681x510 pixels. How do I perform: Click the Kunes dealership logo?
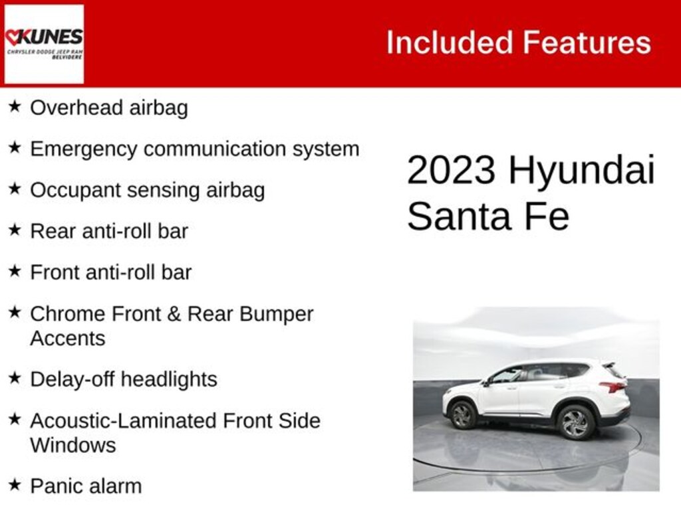coord(44,44)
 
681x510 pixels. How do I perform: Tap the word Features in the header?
coord(587,43)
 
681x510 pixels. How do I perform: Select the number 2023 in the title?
coord(451,170)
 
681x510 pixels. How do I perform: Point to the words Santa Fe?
coord(488,216)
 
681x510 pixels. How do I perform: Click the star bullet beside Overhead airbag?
coord(15,106)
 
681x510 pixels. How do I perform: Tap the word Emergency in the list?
coord(83,149)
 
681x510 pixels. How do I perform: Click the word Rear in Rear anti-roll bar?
coord(52,231)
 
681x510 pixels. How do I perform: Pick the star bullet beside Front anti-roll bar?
coord(15,271)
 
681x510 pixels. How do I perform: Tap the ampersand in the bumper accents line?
coord(174,313)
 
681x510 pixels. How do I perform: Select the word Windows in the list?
coord(72,445)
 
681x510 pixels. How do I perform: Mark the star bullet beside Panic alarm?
coord(15,485)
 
